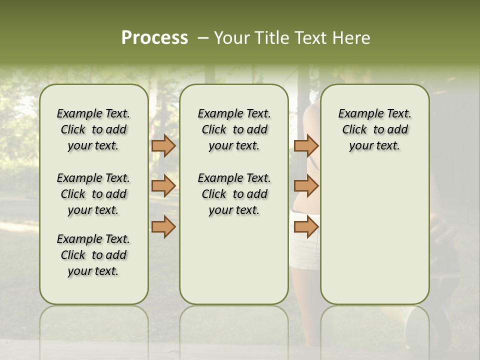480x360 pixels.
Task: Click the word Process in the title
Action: click(x=154, y=38)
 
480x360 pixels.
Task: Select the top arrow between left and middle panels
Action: click(x=163, y=145)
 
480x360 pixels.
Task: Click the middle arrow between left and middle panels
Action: click(x=163, y=186)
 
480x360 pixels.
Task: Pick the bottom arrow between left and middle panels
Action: click(x=163, y=227)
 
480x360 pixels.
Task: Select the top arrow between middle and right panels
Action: click(x=306, y=145)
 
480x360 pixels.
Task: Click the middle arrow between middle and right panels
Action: click(x=306, y=186)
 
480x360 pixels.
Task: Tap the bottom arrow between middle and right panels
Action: click(x=306, y=227)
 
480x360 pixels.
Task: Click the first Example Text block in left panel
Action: click(x=93, y=129)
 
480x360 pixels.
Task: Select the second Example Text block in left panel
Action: click(x=93, y=194)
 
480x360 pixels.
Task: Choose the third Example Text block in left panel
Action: click(x=93, y=255)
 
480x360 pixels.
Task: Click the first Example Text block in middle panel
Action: click(x=234, y=129)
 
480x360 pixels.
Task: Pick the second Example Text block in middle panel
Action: click(x=234, y=194)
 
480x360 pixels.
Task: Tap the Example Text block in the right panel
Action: click(x=375, y=129)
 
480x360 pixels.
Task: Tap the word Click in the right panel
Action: click(x=354, y=129)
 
